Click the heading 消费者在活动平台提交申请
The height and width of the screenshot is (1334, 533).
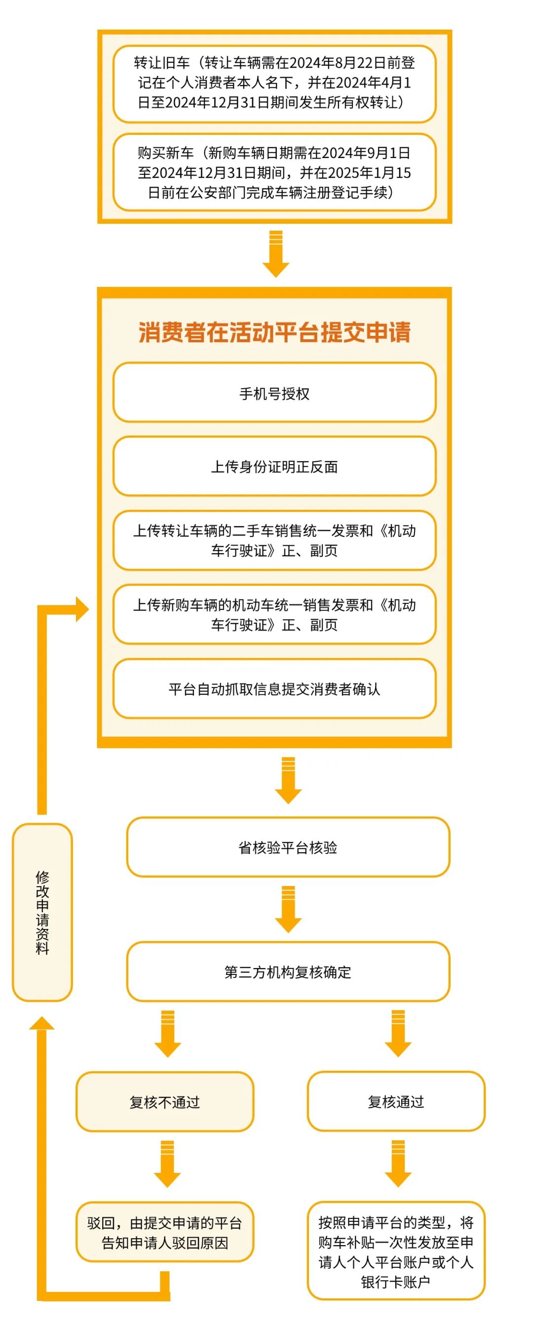tap(274, 332)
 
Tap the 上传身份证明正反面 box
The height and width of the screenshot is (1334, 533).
tap(274, 466)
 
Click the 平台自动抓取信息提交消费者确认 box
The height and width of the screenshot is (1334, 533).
tap(274, 689)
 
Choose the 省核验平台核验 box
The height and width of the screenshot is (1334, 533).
tap(288, 847)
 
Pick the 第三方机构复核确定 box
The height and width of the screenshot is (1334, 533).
tap(288, 971)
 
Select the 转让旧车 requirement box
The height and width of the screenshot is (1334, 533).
tap(274, 83)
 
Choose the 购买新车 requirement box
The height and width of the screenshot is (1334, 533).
tap(274, 172)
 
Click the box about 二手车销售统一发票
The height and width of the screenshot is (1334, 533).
tap(274, 540)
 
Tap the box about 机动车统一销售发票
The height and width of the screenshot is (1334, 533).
tap(274, 614)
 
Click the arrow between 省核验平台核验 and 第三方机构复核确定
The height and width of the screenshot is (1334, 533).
tap(288, 909)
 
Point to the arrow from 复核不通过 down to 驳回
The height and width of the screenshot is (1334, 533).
tap(167, 1164)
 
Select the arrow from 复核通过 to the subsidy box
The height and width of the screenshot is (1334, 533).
tap(398, 1164)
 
